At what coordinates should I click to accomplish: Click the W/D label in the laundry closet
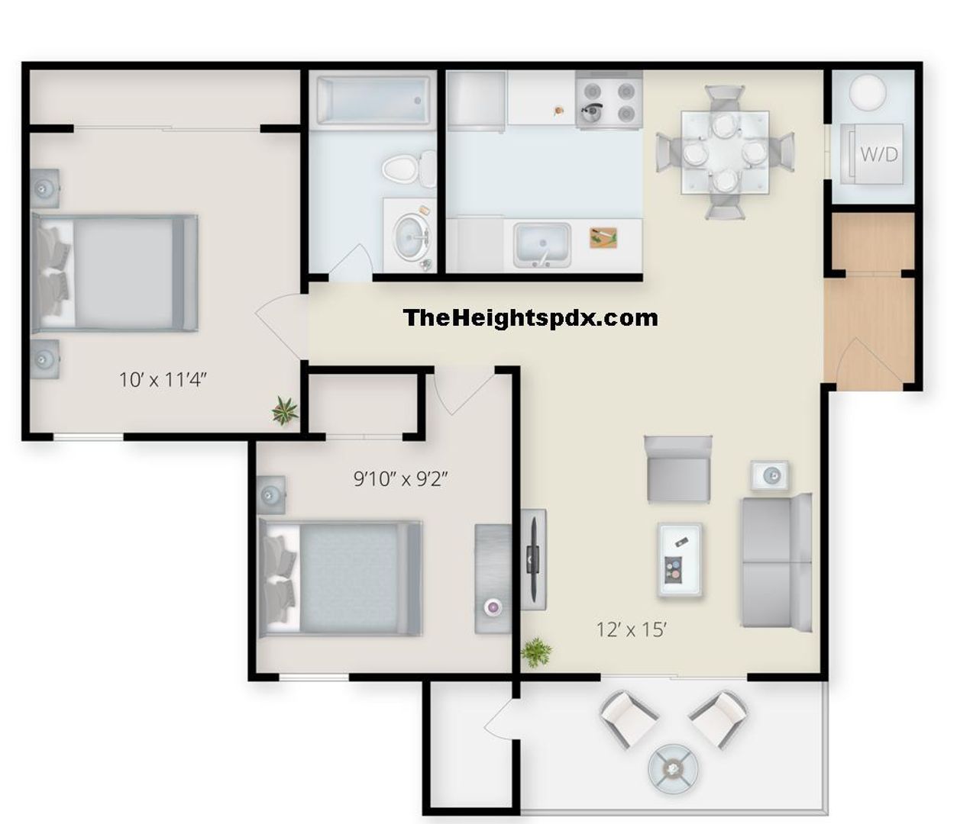[x=879, y=154]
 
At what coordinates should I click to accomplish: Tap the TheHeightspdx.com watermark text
[x=530, y=317]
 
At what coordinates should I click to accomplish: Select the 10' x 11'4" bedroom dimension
[x=163, y=380]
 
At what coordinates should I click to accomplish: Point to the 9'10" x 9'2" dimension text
[x=400, y=478]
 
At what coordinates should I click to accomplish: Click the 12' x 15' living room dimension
[x=631, y=629]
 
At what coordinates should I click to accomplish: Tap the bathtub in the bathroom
[x=373, y=101]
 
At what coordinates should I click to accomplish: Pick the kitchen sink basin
[x=542, y=244]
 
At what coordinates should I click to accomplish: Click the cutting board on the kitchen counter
[x=603, y=238]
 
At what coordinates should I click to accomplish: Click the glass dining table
[x=725, y=152]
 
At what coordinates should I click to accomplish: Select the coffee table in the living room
[x=680, y=559]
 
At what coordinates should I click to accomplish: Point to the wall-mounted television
[x=533, y=558]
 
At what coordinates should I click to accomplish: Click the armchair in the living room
[x=678, y=468]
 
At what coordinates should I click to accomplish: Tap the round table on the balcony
[x=673, y=768]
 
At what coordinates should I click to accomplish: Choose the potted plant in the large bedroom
[x=284, y=410]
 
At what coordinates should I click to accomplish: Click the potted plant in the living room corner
[x=536, y=652]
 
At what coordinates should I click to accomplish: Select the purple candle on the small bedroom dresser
[x=493, y=607]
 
